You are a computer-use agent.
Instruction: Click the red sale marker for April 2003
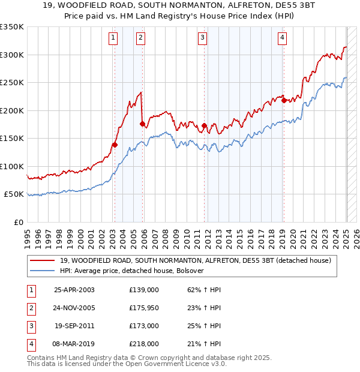115,145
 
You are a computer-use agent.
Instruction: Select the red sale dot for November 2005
142,124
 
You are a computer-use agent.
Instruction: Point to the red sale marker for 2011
205,125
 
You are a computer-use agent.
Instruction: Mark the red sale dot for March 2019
284,101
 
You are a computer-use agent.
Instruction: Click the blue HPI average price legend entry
133,271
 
